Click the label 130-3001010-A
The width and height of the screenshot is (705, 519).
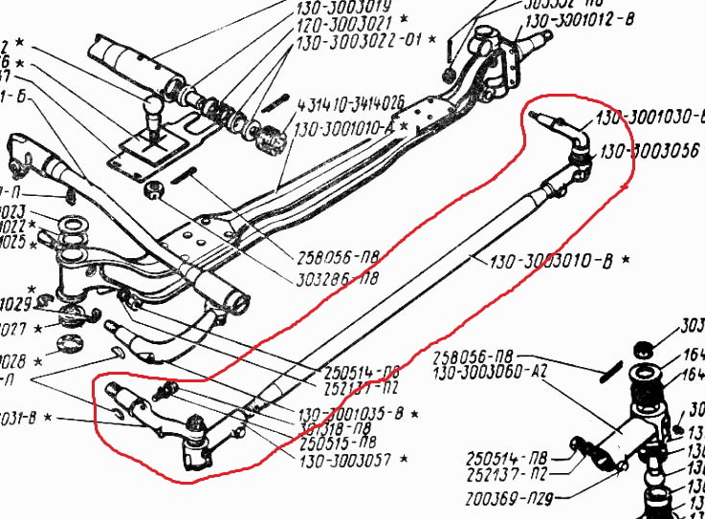point(344,125)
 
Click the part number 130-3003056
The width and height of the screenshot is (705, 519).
point(650,153)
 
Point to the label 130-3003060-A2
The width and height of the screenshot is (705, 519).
point(489,373)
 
